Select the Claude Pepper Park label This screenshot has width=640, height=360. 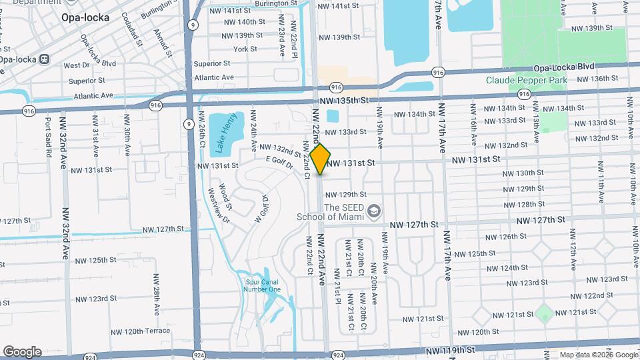527,80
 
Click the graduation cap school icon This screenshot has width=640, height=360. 373,211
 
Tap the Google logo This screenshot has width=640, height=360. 22,351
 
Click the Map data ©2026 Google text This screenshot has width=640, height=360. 598,355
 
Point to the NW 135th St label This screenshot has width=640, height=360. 344,101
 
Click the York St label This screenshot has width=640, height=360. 245,49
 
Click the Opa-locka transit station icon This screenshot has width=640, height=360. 45,58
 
